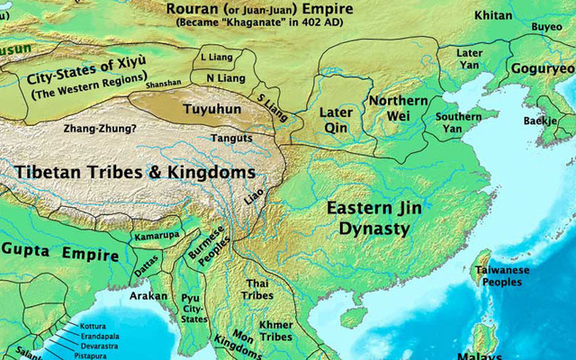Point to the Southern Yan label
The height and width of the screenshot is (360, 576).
pyautogui.click(x=458, y=123)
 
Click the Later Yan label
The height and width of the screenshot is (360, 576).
pyautogui.click(x=469, y=59)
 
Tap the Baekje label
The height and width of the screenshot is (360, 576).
pyautogui.click(x=540, y=121)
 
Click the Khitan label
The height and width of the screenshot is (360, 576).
pyautogui.click(x=492, y=16)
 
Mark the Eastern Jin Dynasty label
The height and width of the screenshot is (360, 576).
pyautogui.click(x=373, y=219)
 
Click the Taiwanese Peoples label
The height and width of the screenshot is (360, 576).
pyautogui.click(x=501, y=276)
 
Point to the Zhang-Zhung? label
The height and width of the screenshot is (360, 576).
pyautogui.click(x=100, y=129)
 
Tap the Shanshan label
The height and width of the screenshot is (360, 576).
pyautogui.click(x=162, y=84)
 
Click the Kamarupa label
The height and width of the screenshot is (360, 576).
pyautogui.click(x=157, y=236)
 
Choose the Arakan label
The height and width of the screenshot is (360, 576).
pyautogui.click(x=148, y=295)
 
